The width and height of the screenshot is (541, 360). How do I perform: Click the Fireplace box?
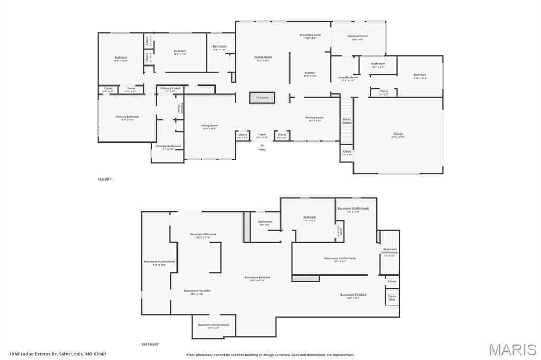(x=262, y=98)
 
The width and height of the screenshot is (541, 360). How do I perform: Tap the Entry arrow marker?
(x=262, y=145)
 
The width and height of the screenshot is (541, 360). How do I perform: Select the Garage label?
(x=398, y=134)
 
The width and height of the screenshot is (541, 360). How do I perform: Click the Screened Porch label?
(x=358, y=36)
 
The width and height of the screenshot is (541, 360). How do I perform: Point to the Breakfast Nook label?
(x=310, y=35)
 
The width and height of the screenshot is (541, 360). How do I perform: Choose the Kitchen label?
(x=310, y=73)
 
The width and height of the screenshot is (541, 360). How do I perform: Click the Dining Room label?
(x=315, y=118)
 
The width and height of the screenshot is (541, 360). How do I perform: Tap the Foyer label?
(x=262, y=135)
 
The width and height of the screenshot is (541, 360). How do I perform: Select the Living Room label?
(x=210, y=126)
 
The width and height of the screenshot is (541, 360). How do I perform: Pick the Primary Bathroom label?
(x=168, y=146)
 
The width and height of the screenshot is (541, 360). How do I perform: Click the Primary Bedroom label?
(x=127, y=117)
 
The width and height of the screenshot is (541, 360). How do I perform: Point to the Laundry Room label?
(x=348, y=78)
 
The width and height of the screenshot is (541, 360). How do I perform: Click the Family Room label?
(x=263, y=57)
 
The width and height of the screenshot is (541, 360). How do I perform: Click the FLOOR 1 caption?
(x=105, y=179)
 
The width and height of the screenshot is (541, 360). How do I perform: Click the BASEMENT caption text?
(x=150, y=344)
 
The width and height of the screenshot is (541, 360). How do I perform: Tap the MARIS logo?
(x=512, y=349)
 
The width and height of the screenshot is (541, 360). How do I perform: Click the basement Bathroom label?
(x=265, y=222)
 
